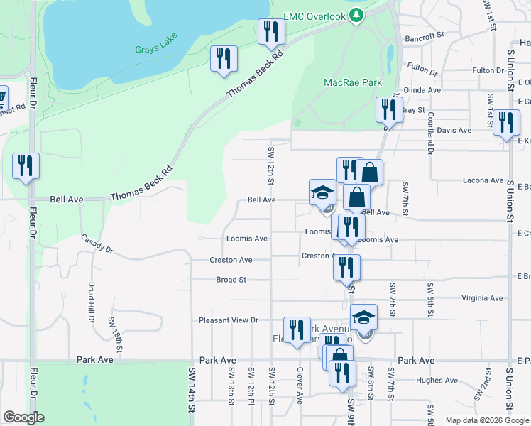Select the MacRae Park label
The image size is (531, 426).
point(353,83)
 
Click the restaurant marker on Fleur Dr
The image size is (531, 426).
point(26,166)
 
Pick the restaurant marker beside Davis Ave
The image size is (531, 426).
point(506,123)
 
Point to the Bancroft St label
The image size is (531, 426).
point(424,34)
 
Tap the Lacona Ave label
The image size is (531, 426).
point(483,181)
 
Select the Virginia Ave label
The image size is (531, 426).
point(482,298)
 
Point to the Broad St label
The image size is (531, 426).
point(231,280)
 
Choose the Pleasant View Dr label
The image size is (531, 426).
point(229,320)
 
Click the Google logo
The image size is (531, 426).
point(24,417)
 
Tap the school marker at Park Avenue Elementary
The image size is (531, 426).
point(363,318)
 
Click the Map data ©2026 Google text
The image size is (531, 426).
point(486,420)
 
